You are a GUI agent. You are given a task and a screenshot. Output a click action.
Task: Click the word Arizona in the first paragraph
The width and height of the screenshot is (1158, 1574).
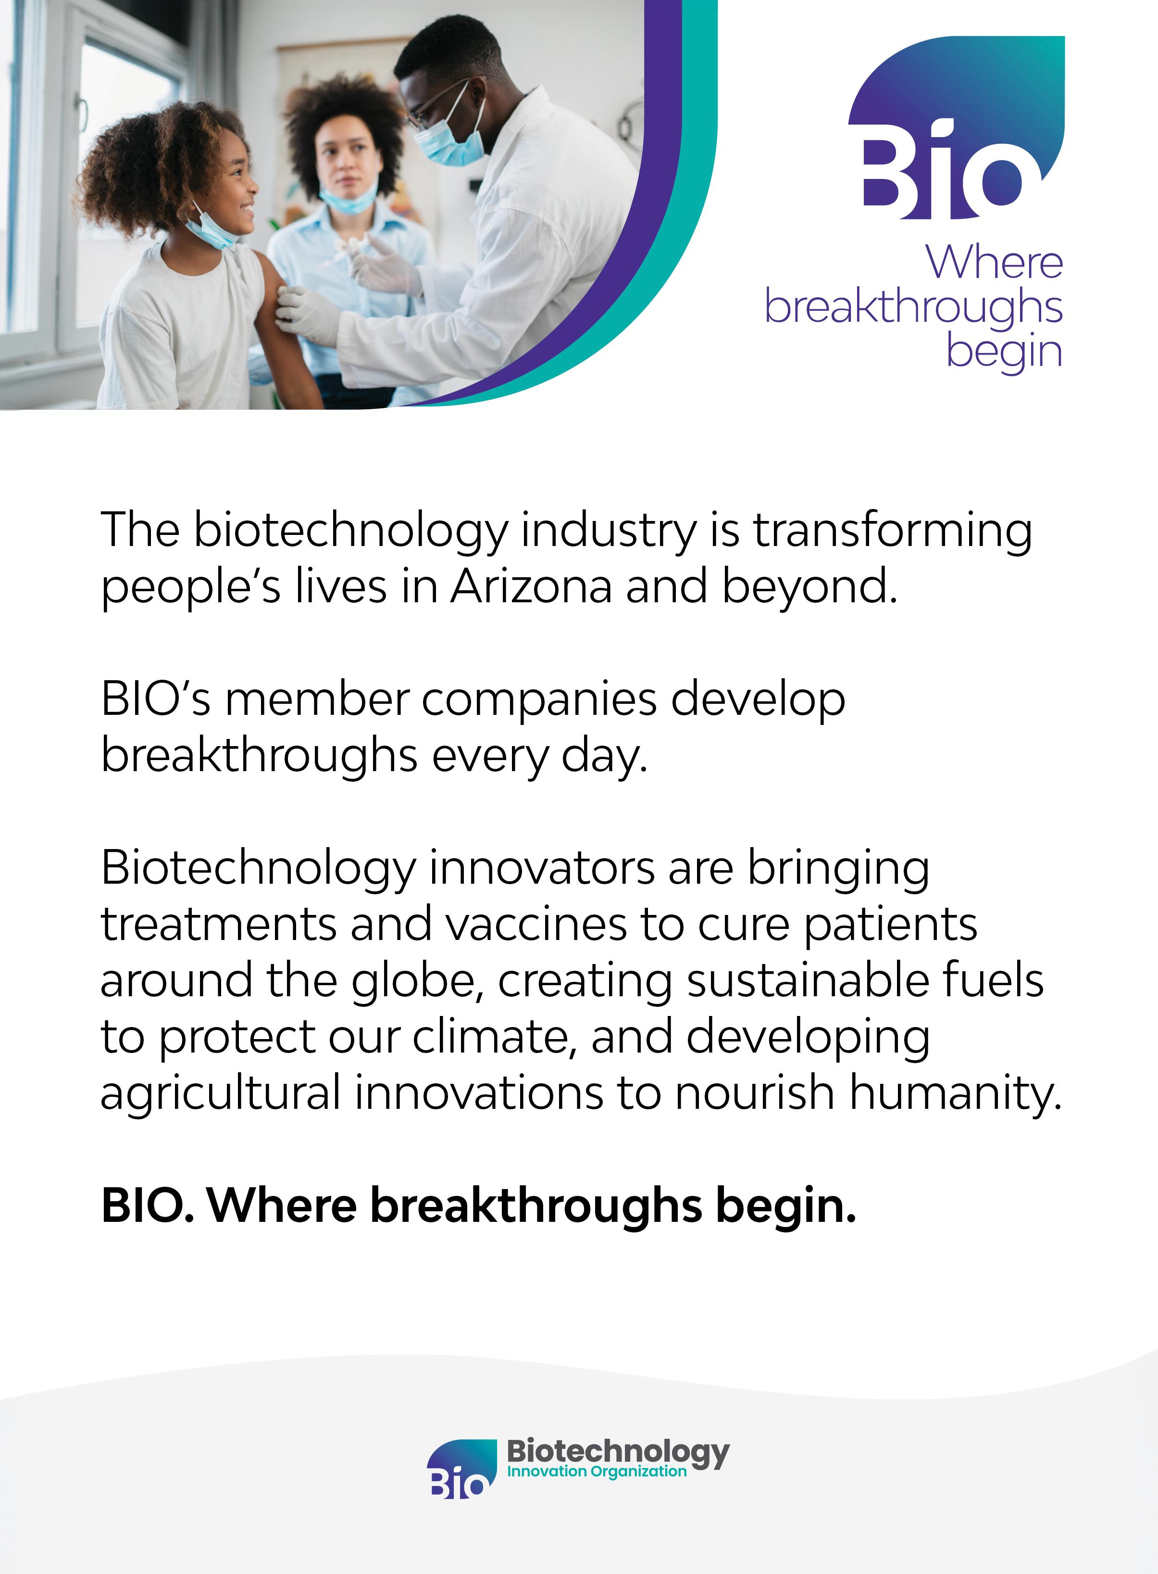(531, 586)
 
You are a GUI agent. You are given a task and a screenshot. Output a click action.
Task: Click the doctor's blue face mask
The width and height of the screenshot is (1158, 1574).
(449, 140)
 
